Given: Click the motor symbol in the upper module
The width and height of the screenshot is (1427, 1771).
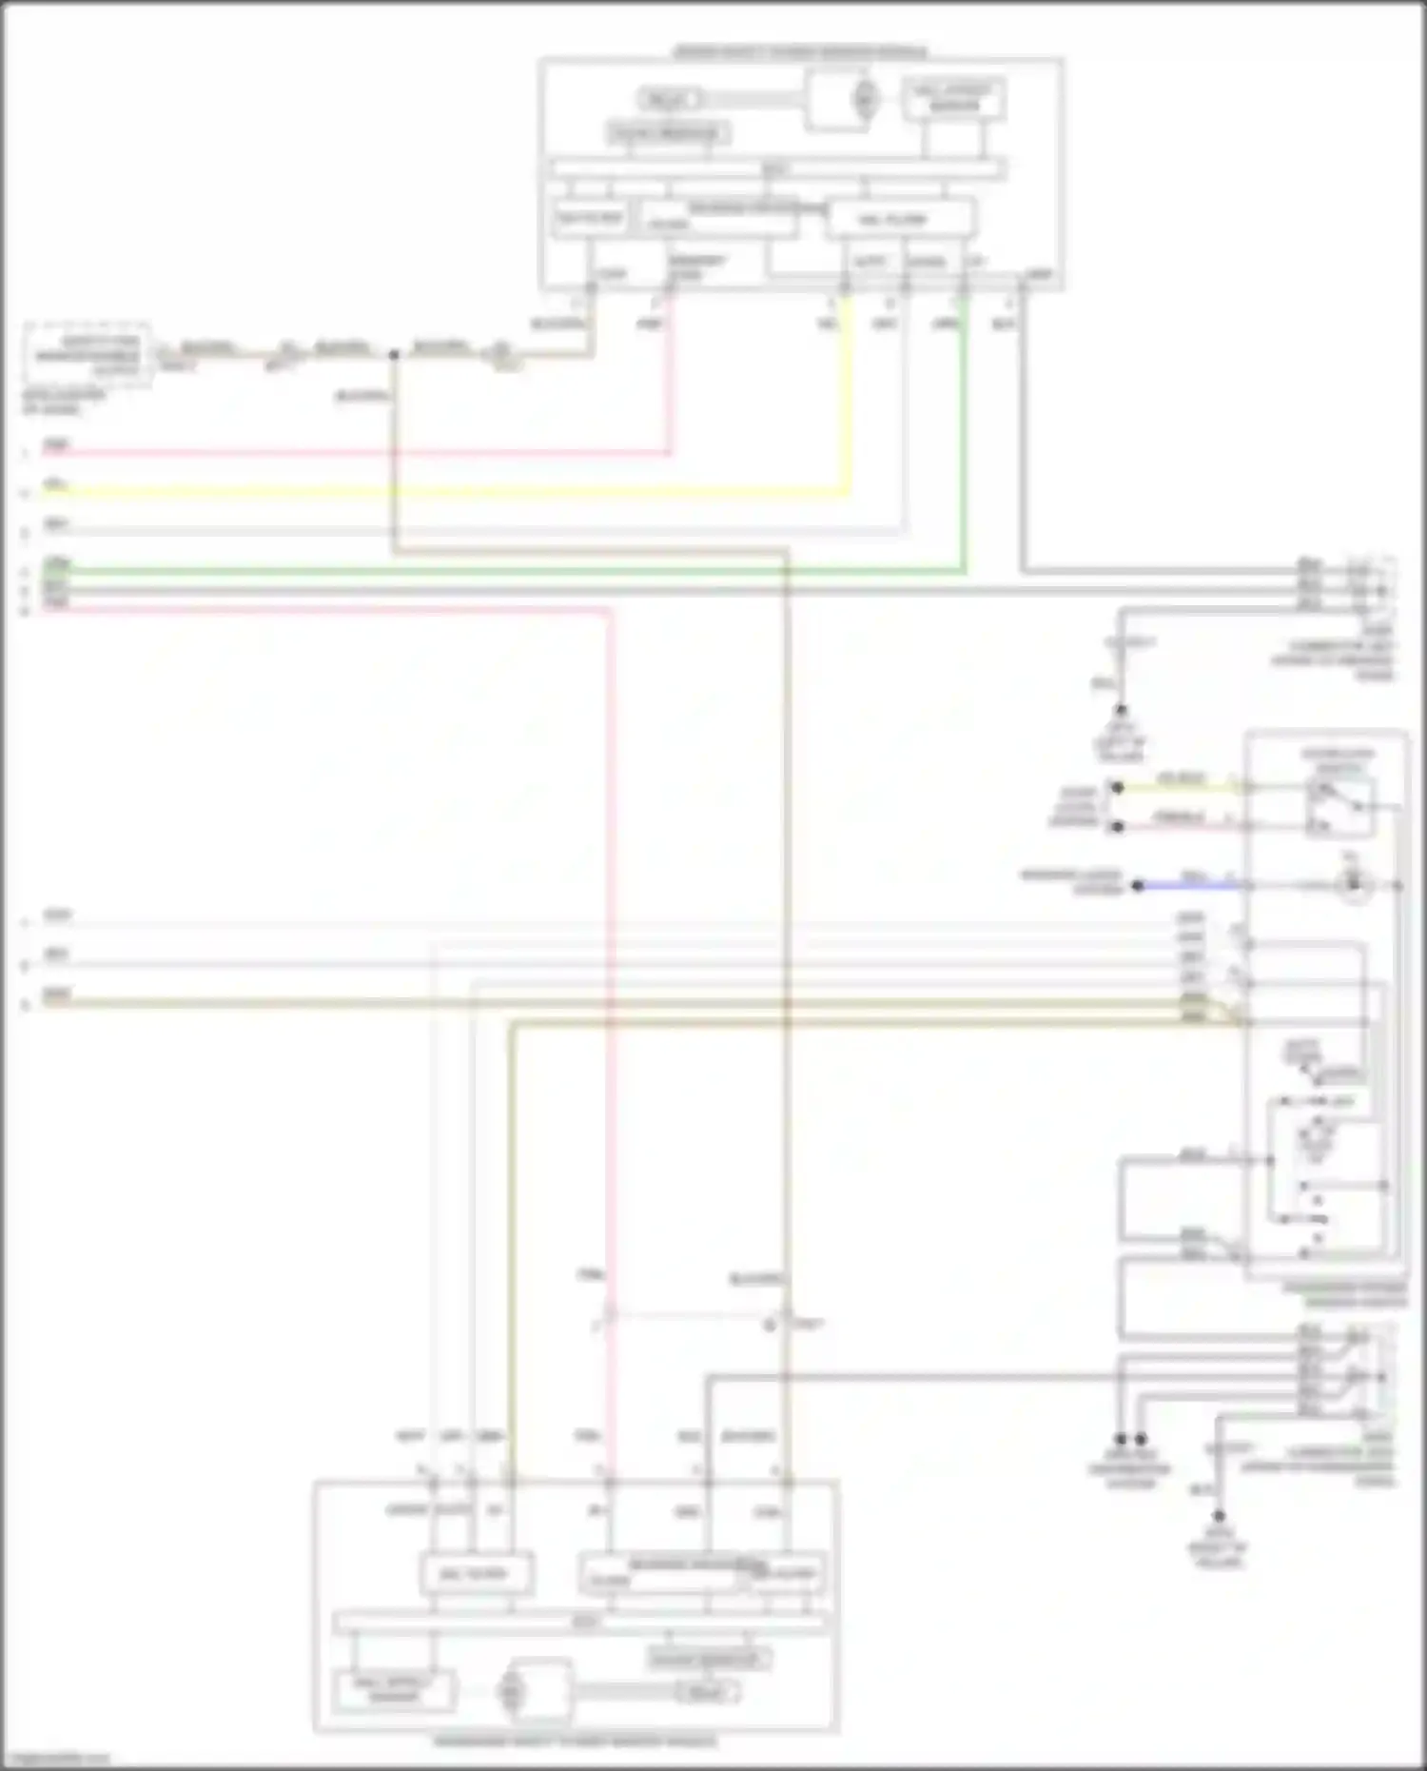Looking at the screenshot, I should coord(864,99).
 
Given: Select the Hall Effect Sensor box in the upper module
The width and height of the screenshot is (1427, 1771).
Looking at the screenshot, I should coord(953,99).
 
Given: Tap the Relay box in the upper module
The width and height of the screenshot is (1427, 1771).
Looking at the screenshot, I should coord(669,99).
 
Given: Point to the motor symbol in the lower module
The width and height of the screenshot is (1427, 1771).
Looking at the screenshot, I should coord(511,1692).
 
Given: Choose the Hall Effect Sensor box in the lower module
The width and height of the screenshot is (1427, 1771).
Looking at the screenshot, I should coord(394,1690).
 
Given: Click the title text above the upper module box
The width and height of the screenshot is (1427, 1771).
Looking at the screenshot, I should coord(800,51).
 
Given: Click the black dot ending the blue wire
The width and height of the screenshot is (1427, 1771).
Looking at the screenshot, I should coord(1137,886).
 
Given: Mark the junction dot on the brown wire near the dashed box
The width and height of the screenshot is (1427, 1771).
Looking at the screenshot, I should coord(393,355).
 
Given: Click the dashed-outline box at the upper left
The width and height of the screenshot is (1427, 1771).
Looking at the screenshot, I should coord(87,355).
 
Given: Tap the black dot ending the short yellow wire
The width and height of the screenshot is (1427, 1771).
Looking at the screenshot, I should coord(1118,787).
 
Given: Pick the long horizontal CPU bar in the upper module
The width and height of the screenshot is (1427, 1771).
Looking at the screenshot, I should coord(776,170).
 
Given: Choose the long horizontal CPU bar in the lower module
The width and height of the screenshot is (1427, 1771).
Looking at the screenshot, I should coord(582,1623).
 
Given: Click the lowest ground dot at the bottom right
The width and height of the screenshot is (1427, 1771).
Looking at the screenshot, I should coord(1218,1517).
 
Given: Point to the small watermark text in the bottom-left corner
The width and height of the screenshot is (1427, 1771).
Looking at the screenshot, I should coord(55,1759).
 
